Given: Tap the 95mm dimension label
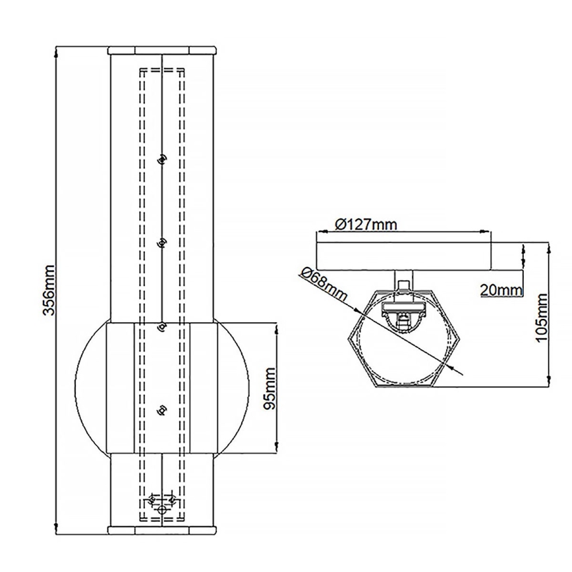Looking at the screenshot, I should pos(269,389).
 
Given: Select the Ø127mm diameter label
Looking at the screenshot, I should pos(366,224).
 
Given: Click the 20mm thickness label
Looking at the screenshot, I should pos(501,289).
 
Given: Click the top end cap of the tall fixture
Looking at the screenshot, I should pos(162,49).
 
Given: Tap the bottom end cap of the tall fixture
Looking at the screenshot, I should pos(162,530).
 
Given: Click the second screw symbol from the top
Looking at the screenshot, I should pos(161,244).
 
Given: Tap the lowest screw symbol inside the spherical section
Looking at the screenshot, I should pos(160,411).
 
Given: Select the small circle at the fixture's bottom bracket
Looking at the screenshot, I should pos(162,509).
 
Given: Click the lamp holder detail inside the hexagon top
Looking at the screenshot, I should pos(403,318).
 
